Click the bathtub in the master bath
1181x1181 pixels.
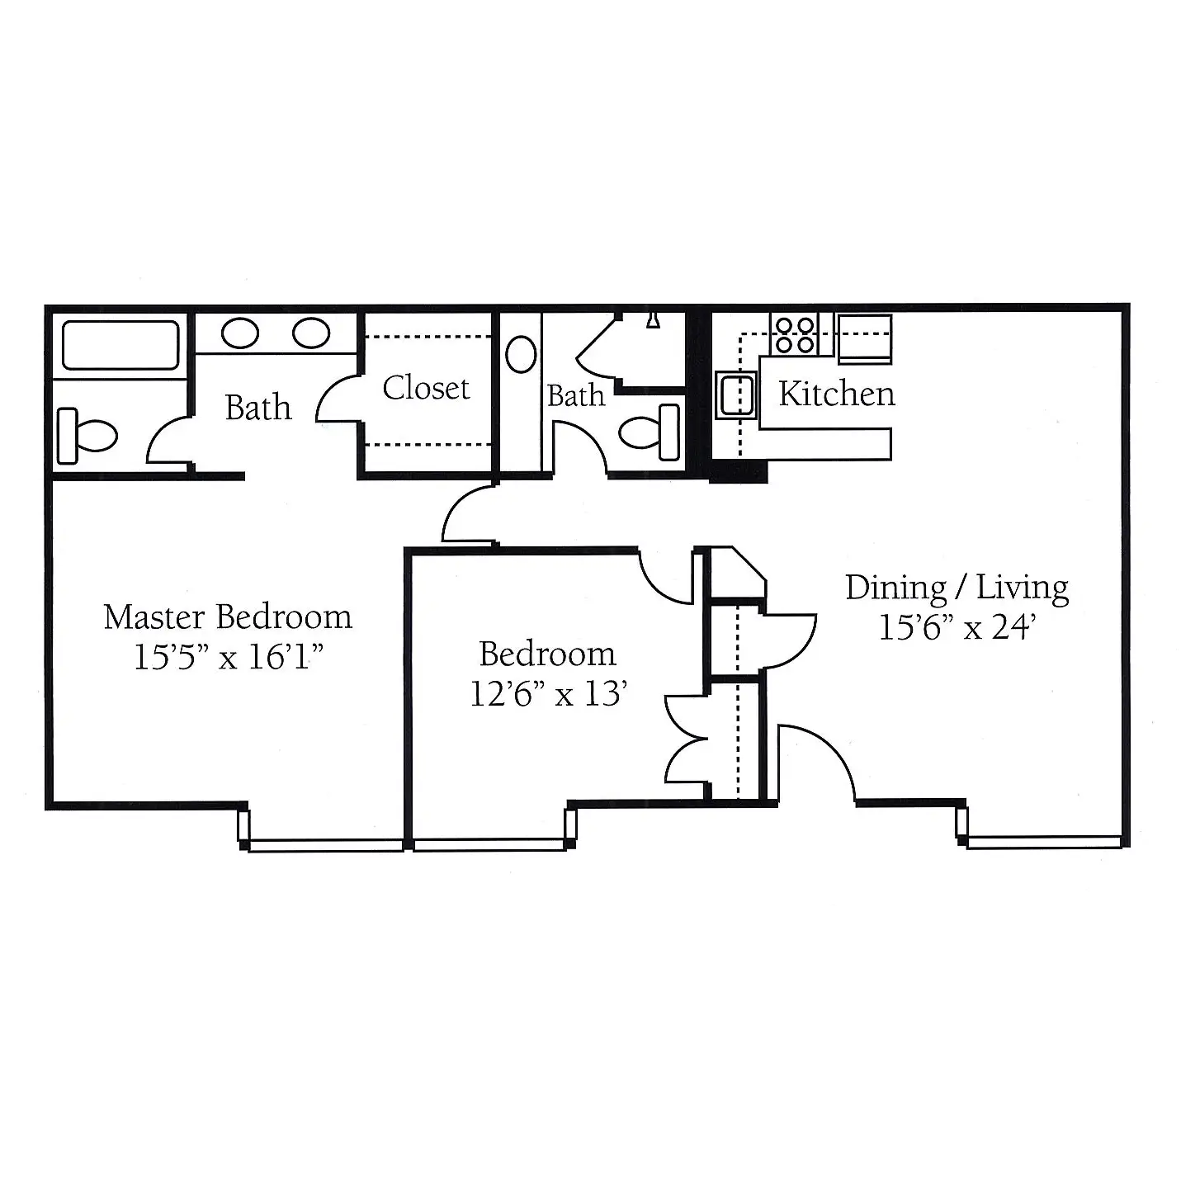point(120,345)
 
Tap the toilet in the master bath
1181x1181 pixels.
point(87,436)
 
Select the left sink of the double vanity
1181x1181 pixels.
point(239,333)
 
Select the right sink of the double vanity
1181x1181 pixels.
point(311,333)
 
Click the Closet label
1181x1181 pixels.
point(426,388)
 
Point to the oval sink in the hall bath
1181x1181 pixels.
point(521,354)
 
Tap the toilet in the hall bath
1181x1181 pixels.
point(650,432)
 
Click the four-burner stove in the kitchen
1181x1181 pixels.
point(795,334)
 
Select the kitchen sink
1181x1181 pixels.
point(736,394)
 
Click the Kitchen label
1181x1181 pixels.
point(837,394)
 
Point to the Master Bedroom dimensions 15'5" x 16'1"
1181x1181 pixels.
point(229,657)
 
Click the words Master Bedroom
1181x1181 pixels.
point(228,616)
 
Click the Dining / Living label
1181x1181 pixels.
point(957,587)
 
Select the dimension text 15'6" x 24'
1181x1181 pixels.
point(957,627)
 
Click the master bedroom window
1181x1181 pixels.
point(326,845)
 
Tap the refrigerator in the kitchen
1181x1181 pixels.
point(864,339)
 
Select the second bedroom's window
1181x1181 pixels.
point(489,845)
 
